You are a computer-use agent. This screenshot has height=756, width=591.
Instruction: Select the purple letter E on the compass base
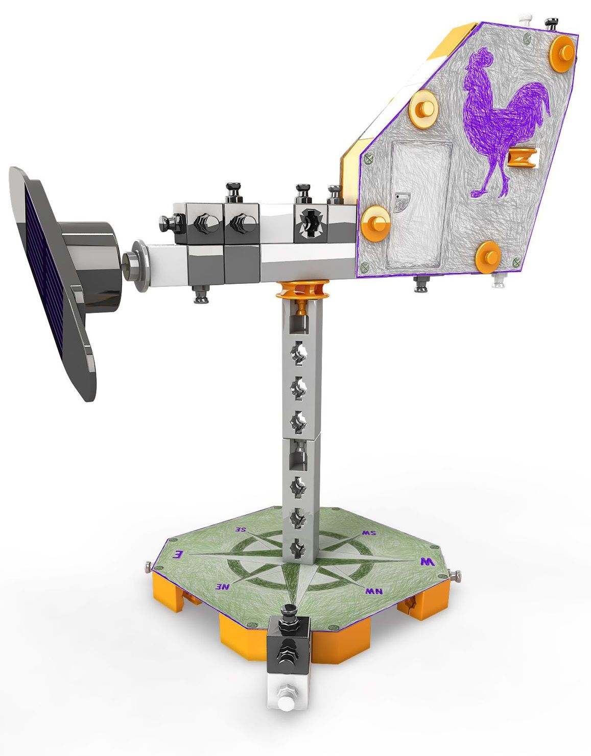[x=178, y=554]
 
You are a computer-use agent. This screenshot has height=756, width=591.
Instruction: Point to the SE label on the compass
[x=241, y=529]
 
